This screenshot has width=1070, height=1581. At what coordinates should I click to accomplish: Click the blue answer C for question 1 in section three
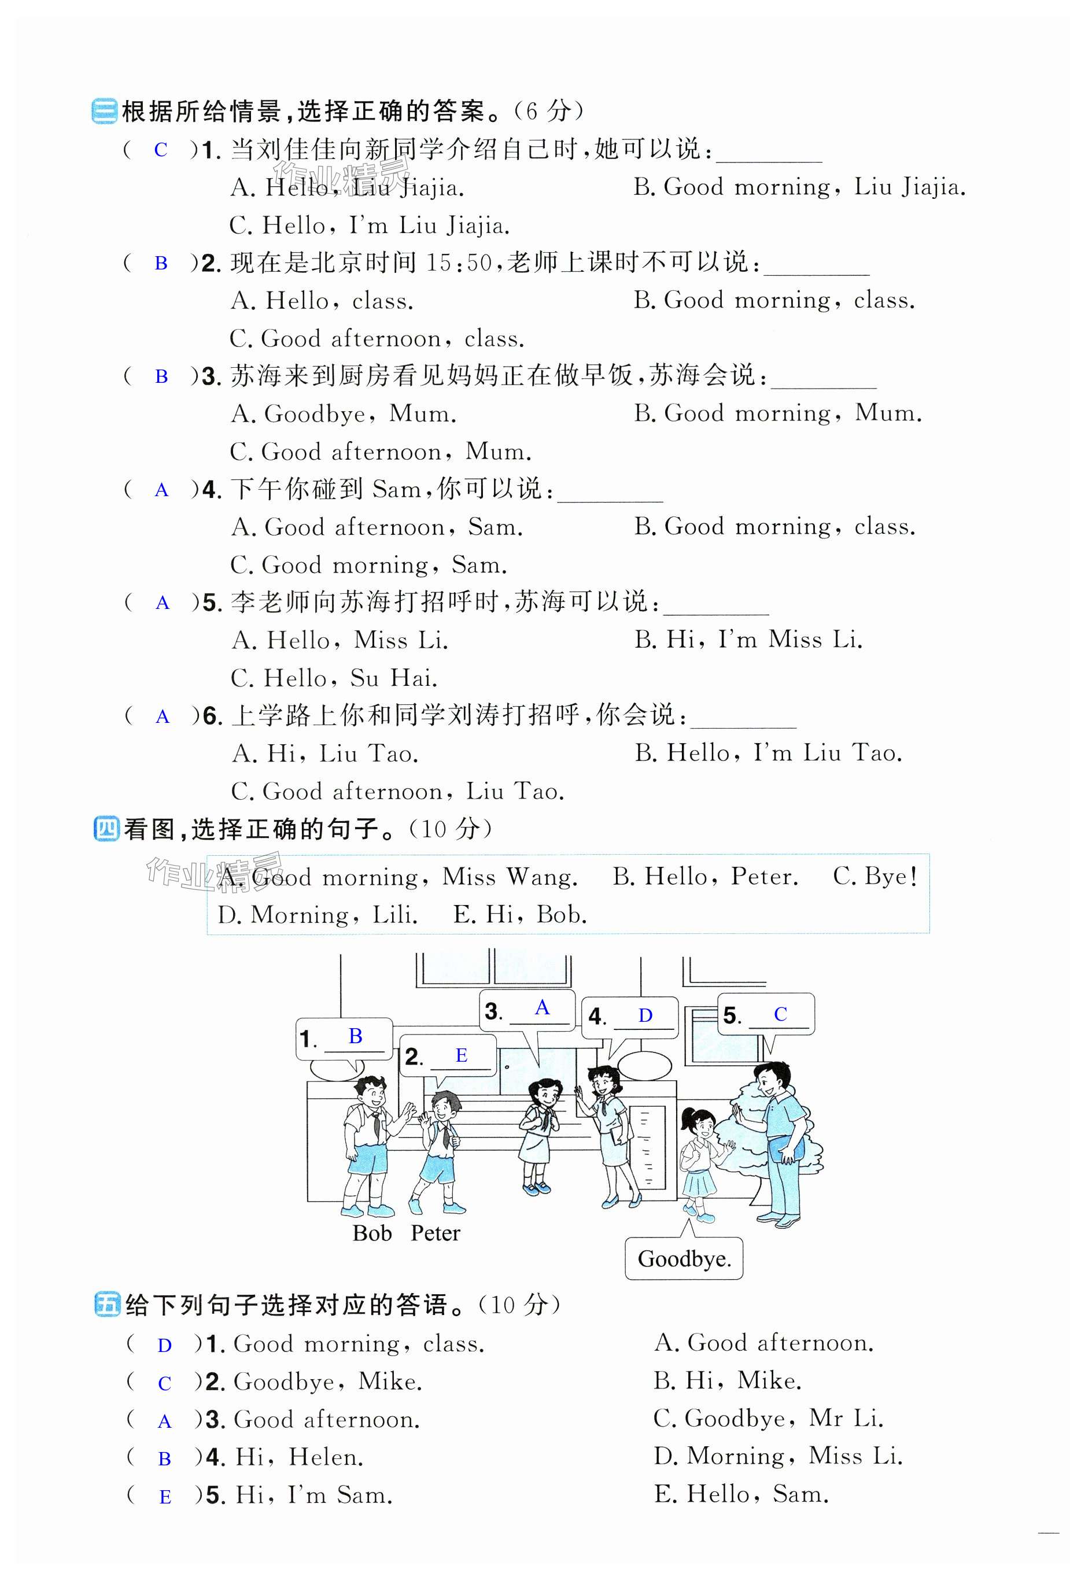pyautogui.click(x=161, y=150)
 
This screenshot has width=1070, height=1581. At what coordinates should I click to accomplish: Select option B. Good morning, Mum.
pyautogui.click(x=777, y=413)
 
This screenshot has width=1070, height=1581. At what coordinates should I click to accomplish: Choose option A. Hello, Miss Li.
pyautogui.click(x=340, y=640)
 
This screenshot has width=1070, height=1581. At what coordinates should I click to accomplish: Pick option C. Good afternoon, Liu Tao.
pyautogui.click(x=397, y=791)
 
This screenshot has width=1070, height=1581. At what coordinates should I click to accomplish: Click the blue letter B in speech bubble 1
pyautogui.click(x=355, y=1036)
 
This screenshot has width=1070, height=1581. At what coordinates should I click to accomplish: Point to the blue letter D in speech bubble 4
pyautogui.click(x=645, y=1015)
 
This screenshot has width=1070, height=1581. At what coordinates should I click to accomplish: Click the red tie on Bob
pyautogui.click(x=375, y=1126)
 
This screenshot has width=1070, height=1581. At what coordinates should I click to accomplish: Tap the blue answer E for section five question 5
pyautogui.click(x=165, y=1497)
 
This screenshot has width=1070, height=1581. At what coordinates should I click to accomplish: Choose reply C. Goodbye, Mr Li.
pyautogui.click(x=768, y=1419)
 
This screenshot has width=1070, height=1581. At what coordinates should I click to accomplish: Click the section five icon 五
pyautogui.click(x=107, y=1305)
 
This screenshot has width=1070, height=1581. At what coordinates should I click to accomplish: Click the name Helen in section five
pyautogui.click(x=326, y=1457)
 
